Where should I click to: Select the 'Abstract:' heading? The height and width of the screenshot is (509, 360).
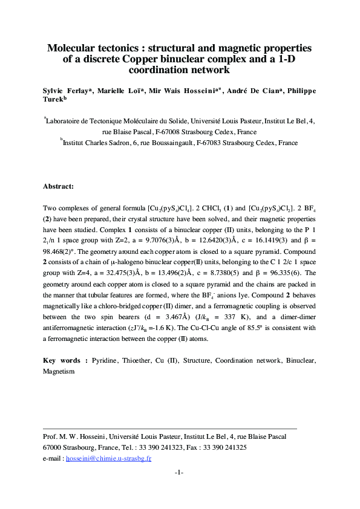[x=59, y=186]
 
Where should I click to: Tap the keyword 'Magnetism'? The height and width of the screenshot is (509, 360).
[x=59, y=371]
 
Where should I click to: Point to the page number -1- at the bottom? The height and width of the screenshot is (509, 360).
[x=179, y=472]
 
